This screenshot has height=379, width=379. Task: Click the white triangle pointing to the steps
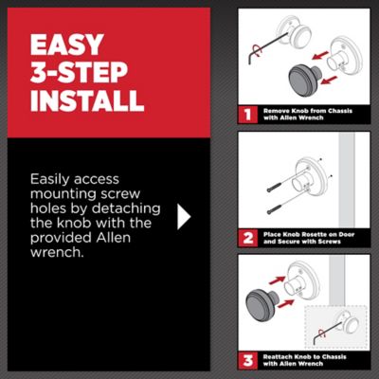(184, 216)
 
